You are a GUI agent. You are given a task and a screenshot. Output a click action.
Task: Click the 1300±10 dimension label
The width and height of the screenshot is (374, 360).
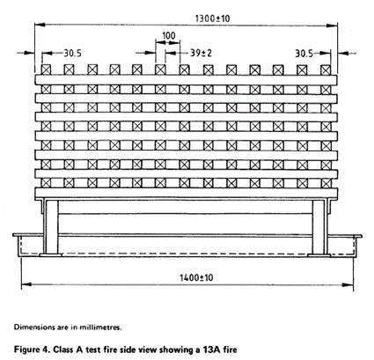coord(212,18)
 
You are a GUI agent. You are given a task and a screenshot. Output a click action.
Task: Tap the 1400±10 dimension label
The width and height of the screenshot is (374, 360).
coord(196,277)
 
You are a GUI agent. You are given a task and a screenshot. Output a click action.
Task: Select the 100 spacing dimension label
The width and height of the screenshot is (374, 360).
coord(168,35)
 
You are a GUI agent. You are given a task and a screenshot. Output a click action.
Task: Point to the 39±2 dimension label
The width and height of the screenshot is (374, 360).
coord(201,53)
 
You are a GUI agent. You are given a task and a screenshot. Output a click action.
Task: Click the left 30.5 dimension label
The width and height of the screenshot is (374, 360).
coord(73,53)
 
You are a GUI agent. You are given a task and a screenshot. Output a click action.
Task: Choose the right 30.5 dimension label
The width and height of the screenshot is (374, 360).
coord(304,54)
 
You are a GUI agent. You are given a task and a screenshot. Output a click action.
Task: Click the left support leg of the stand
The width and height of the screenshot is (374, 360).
coord(52,227)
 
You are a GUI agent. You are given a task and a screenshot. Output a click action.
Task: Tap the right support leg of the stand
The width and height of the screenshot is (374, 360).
coord(319,227)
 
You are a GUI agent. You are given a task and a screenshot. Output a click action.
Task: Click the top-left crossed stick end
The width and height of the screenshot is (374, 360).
coord(46,70)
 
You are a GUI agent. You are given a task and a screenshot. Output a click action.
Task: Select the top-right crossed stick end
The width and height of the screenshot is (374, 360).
coord(326,70)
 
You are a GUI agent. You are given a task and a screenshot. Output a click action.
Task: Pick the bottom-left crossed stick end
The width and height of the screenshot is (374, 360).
coord(46,183)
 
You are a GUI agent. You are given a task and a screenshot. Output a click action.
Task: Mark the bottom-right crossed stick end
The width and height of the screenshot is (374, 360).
coord(326,183)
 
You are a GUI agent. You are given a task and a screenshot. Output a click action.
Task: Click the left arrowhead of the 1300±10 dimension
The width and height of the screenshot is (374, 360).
coord(40,25)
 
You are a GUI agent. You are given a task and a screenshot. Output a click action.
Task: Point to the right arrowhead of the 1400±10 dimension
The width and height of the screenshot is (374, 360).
coord(348,285)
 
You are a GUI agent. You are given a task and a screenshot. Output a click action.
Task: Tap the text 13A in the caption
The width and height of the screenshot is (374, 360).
coord(211,349)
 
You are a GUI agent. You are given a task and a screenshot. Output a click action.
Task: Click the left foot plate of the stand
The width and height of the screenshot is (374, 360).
coord(51,255)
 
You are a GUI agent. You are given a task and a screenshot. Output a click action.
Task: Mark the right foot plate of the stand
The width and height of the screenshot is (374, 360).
coord(319,255)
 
